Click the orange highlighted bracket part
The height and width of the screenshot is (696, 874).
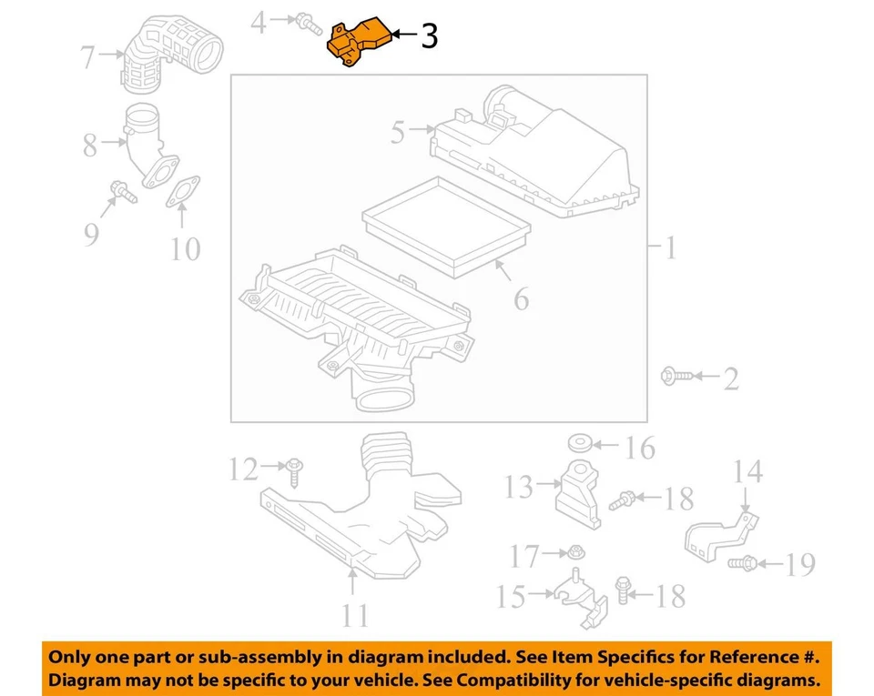tap(357, 44)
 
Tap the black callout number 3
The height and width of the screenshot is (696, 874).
tap(429, 36)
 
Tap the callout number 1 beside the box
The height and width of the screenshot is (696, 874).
tap(670, 247)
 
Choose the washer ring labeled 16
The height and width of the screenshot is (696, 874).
tap(579, 445)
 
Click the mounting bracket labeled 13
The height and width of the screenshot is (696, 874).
tap(579, 496)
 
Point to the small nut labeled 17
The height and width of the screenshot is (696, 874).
tap(574, 551)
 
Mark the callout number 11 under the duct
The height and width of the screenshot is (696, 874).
tap(355, 616)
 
